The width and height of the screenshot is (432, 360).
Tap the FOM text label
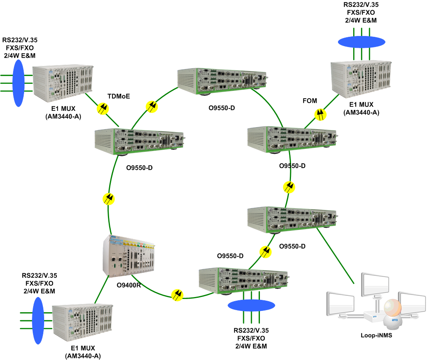coord(309,101)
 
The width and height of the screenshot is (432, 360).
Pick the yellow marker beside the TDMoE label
coord(103,108)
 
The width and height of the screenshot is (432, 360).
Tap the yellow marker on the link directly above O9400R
coord(109,199)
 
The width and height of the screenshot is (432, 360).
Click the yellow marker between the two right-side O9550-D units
coord(290,187)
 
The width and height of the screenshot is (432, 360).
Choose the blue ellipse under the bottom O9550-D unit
coord(251,306)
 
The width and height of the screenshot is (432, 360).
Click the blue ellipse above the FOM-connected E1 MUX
coord(362,41)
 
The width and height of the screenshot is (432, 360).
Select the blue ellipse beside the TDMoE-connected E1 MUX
coord(18,83)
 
